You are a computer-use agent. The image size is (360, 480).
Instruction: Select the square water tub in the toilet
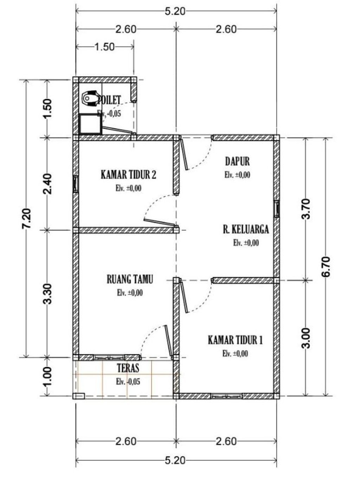click(90, 124)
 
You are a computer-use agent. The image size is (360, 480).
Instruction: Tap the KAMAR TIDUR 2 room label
click(128, 175)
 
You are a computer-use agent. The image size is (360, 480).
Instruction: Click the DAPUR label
click(237, 161)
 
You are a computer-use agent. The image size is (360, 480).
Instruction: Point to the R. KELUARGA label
click(246, 229)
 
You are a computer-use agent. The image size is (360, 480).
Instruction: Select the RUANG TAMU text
click(130, 280)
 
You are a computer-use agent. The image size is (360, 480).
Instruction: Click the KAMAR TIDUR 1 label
click(235, 340)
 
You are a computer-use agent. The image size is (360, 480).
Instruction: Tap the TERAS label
click(128, 369)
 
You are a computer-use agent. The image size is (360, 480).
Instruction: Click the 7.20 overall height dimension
click(27, 219)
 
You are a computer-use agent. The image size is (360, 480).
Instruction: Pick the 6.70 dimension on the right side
click(326, 267)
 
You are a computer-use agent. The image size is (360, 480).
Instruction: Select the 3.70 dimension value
click(306, 209)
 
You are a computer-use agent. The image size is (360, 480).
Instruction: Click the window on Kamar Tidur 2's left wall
click(75, 184)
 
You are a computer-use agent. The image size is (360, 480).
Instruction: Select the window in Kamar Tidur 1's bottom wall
click(226, 396)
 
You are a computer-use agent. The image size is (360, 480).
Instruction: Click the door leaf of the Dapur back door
click(184, 154)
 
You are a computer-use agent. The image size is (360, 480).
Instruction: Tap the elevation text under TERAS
click(128, 382)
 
